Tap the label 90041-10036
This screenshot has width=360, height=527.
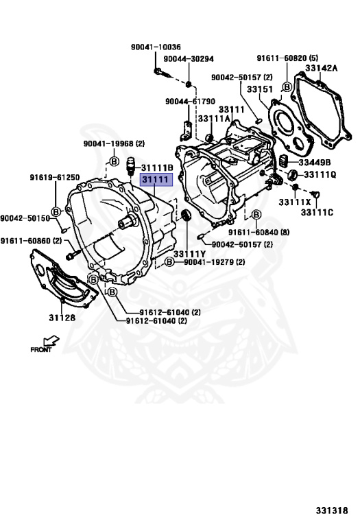156,47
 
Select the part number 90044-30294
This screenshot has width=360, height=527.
189,59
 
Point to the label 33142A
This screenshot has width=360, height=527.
322,68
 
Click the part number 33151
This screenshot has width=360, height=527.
260,89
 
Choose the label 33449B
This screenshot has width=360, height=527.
315,163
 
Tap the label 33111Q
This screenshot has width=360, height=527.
320,175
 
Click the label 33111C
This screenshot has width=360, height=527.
317,213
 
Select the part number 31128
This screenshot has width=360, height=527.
62,318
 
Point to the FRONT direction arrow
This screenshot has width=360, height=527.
51,340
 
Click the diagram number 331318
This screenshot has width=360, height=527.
332,511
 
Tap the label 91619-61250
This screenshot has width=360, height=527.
55,177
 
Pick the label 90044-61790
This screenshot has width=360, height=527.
190,101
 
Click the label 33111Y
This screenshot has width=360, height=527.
189,255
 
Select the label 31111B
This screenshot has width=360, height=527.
157,167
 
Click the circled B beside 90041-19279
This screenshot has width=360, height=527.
169,262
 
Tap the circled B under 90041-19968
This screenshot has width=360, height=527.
115,162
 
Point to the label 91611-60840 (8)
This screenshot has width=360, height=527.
259,232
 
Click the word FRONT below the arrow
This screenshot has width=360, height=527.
41,349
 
